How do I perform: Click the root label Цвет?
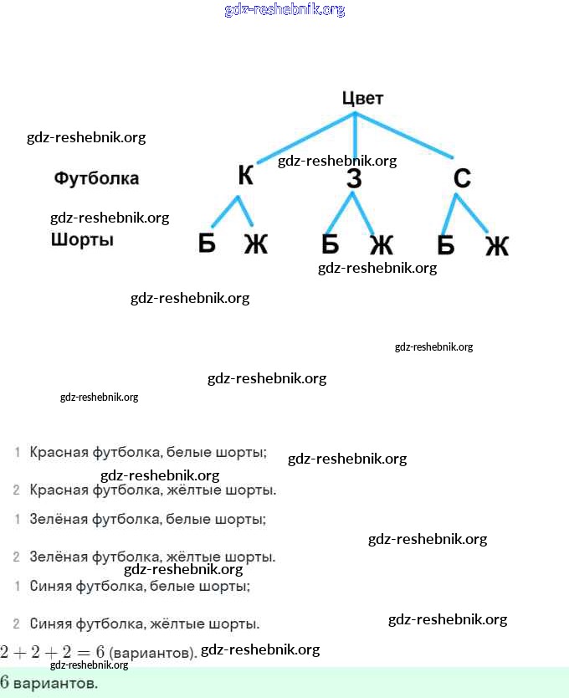coord(362,98)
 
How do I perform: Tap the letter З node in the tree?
coord(354,178)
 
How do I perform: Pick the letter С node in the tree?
coord(462,178)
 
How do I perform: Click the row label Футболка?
coord(96,178)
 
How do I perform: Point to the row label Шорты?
coord(82,240)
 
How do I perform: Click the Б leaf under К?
coord(207,244)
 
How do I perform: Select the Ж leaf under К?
coord(255,244)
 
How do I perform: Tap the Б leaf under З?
coord(330,244)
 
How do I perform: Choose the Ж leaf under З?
coord(381,244)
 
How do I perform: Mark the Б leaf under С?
coord(445,244)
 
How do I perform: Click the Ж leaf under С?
coord(496,245)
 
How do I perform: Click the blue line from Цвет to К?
coord(305,137)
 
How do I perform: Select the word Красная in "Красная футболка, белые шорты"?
coord(59,452)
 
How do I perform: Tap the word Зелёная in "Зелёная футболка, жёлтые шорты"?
coord(59,557)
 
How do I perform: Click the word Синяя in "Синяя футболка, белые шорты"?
coord(51,587)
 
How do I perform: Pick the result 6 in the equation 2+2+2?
coord(100,652)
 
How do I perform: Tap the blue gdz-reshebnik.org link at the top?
coord(284,10)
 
